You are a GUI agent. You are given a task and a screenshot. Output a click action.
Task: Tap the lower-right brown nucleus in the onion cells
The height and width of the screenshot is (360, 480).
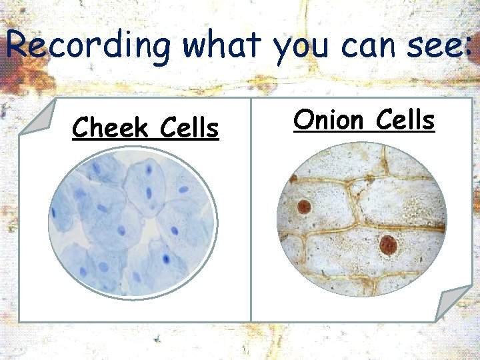[388, 245]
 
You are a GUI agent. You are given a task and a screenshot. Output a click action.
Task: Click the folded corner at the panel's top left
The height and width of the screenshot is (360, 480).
[37, 117]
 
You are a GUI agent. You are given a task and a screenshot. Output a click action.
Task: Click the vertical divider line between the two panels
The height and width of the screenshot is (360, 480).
[251, 213]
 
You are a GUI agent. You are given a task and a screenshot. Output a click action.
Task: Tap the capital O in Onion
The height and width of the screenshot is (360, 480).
[303, 120]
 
